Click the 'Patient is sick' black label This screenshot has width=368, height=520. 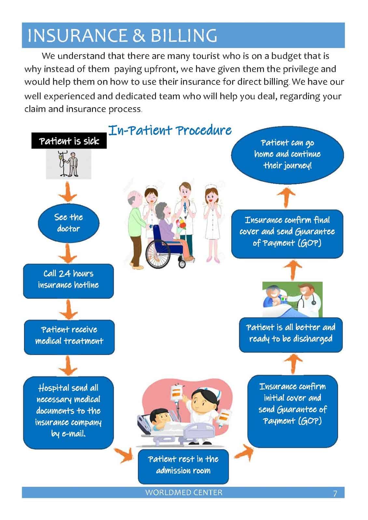(x=69, y=141)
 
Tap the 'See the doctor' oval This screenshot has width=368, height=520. (x=69, y=223)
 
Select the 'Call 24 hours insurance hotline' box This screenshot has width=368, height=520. (x=68, y=281)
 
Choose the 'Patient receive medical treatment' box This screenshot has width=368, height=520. (x=69, y=337)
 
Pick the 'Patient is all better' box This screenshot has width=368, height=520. (x=291, y=335)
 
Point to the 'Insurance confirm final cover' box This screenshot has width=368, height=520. (x=287, y=234)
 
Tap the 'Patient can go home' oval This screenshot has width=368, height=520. (x=287, y=155)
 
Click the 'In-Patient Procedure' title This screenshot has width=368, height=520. (x=170, y=130)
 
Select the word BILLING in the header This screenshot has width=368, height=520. (x=184, y=35)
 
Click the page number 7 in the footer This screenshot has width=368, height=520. (x=335, y=494)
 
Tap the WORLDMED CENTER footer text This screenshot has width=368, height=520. (x=184, y=492)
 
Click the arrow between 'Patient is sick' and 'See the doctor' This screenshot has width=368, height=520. (x=68, y=192)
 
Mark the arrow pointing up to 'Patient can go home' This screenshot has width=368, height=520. (x=286, y=197)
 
